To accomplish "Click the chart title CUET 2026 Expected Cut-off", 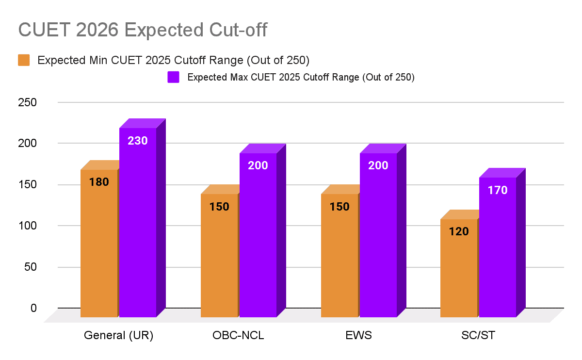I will (143, 30).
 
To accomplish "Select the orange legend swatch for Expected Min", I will (24, 60).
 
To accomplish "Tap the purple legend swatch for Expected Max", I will (173, 77).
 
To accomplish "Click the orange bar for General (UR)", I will (99, 243).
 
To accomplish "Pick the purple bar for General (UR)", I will (138, 223).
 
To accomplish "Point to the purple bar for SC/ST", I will (498, 247).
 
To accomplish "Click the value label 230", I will (138, 141).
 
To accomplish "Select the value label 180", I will (99, 182).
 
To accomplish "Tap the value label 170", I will (498, 190).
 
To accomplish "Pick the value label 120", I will (459, 231).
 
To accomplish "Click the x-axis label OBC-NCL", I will (238, 336).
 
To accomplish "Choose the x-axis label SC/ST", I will (478, 336).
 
